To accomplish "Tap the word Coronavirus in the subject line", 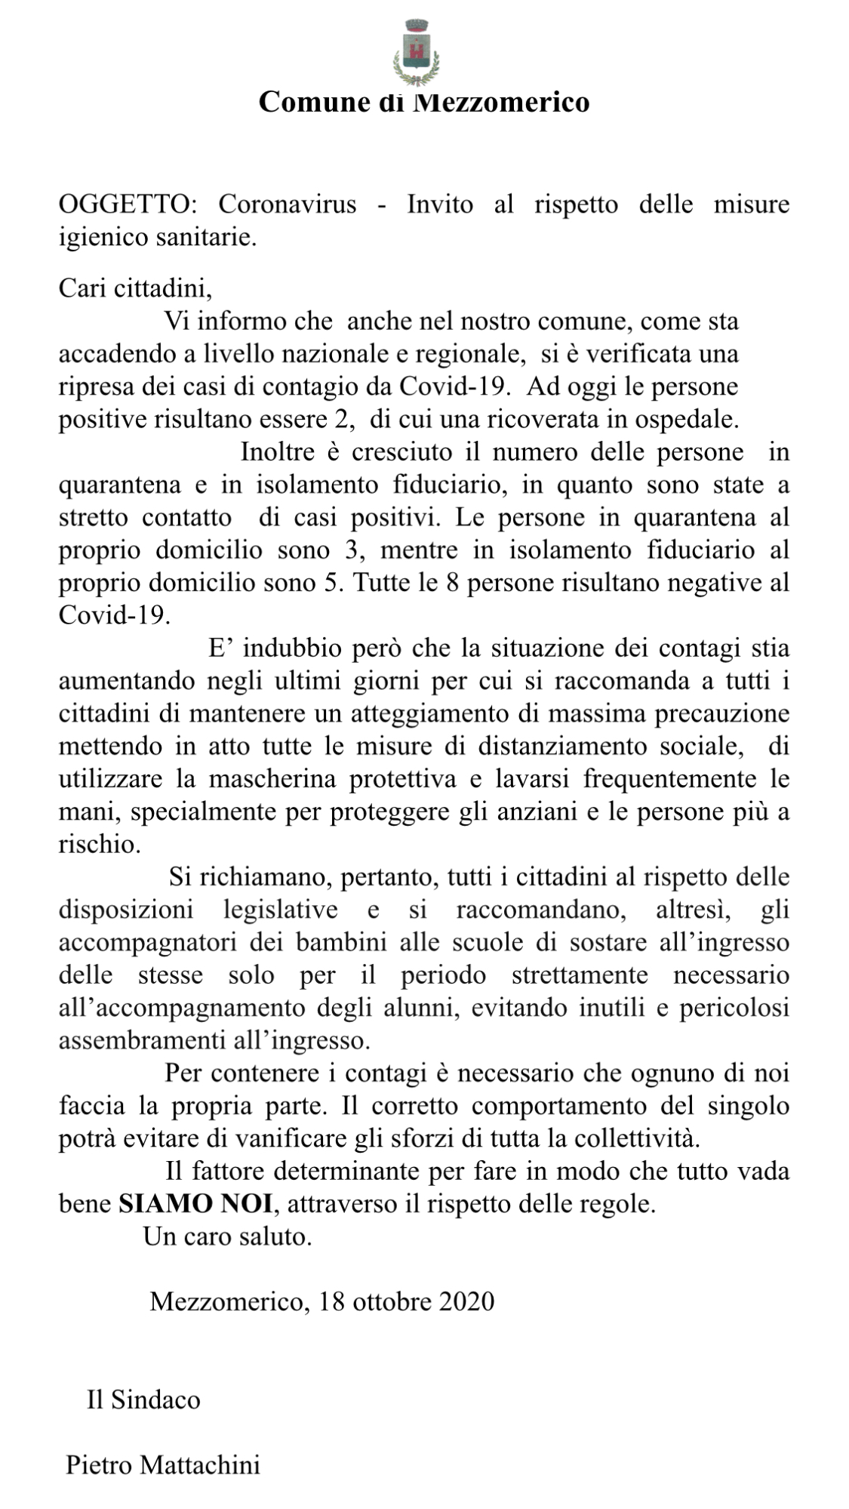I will coord(288,205).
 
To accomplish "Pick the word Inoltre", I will coord(278,452).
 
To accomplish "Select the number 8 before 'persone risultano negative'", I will coord(453,583).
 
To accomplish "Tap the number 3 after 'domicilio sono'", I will coord(349,550).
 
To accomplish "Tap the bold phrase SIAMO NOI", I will coord(195,1203).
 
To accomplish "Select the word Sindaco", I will coord(155,1400).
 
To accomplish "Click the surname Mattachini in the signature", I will coord(200,1466).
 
